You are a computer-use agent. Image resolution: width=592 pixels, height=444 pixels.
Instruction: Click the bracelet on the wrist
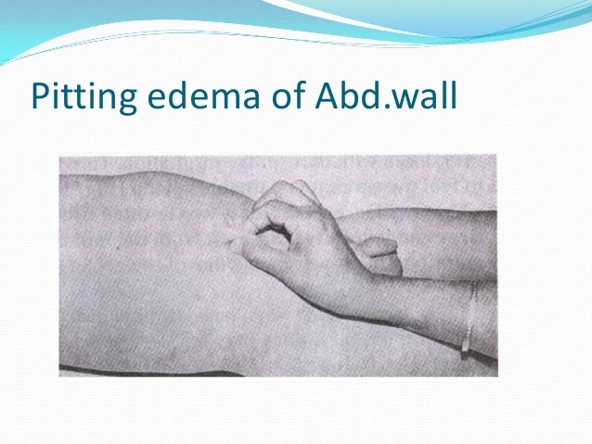(x=470, y=321)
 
